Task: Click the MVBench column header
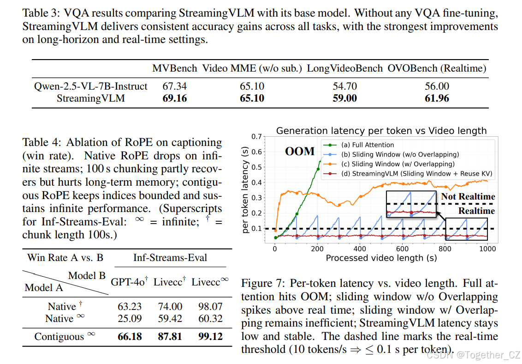click(175, 69)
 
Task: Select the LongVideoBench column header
click(345, 69)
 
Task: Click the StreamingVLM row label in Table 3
click(91, 98)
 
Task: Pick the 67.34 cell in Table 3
click(175, 86)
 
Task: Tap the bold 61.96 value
click(437, 98)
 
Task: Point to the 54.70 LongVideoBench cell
click(345, 86)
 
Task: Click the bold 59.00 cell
click(345, 98)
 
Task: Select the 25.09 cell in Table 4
click(130, 319)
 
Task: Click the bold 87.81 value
click(170, 337)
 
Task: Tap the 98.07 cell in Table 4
click(211, 307)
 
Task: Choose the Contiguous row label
click(59, 337)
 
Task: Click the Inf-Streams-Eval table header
click(171, 258)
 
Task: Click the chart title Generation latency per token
click(381, 131)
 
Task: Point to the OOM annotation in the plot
click(300, 151)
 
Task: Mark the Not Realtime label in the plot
click(468, 197)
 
